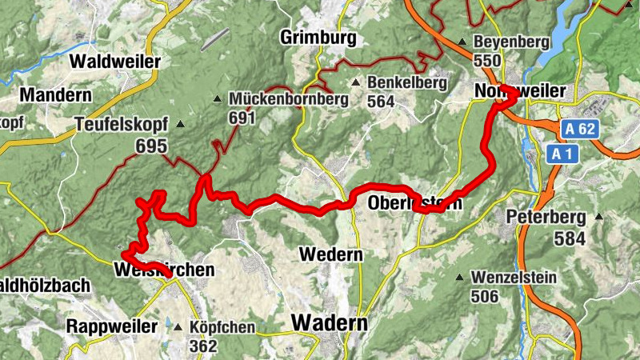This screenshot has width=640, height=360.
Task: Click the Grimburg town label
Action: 317,38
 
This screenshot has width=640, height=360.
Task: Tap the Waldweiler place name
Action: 116,61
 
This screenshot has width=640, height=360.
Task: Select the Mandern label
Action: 55,95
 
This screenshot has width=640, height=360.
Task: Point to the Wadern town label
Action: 330,323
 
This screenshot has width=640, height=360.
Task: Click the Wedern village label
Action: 330,254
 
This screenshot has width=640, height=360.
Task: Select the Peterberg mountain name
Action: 546,217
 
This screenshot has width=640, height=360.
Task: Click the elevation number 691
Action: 241,119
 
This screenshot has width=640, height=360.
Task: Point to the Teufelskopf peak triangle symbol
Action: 180,124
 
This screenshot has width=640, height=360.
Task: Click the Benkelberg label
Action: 402,82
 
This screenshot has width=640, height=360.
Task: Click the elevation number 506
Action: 484,297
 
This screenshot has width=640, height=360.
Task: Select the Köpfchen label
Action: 222,327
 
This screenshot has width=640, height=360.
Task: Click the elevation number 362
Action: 204,346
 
